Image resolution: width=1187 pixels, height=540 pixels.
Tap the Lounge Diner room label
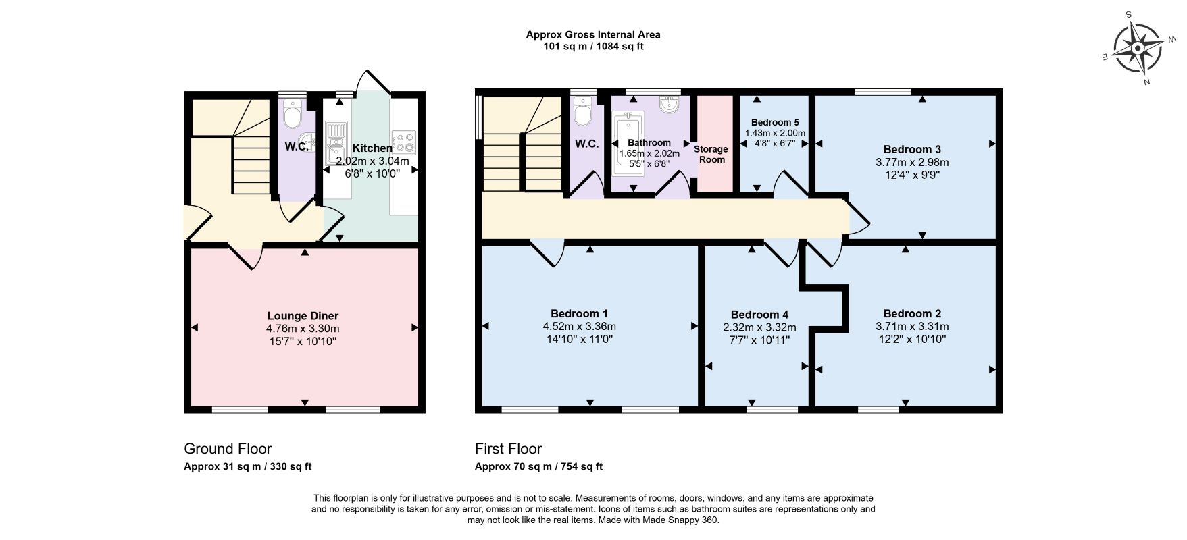pyautogui.click(x=303, y=316)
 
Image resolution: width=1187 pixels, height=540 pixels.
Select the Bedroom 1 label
pyautogui.click(x=580, y=313)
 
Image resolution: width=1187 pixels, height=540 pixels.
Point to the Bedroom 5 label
pyautogui.click(x=775, y=122)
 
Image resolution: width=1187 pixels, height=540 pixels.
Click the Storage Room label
pyautogui.click(x=711, y=154)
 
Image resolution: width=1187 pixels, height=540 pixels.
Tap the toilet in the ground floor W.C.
pyautogui.click(x=293, y=114)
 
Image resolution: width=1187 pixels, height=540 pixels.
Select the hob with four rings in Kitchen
pyautogui.click(x=405, y=142)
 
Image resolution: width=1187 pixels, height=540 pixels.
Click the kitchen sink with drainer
pyautogui.click(x=336, y=142)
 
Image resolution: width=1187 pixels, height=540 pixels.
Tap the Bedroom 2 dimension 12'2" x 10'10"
pyautogui.click(x=912, y=339)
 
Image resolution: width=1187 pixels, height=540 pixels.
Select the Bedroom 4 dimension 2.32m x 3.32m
pyautogui.click(x=759, y=327)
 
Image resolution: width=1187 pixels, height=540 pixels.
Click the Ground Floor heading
pyautogui.click(x=228, y=449)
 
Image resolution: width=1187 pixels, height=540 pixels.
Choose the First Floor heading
pyautogui.click(x=508, y=449)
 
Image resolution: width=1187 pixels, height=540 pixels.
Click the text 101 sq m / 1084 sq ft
pyautogui.click(x=593, y=47)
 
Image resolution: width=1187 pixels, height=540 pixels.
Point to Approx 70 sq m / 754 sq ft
pyautogui.click(x=538, y=466)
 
